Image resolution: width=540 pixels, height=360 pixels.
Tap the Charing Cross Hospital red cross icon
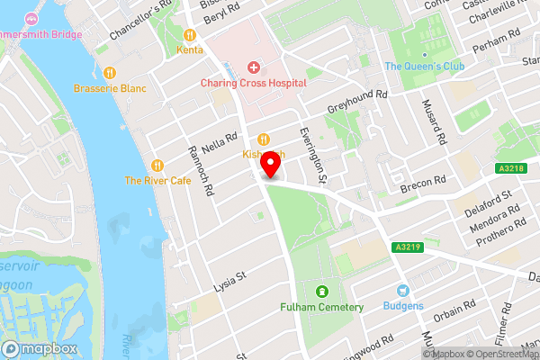253,67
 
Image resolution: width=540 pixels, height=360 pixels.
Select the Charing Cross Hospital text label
253,83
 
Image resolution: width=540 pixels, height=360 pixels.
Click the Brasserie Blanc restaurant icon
109,73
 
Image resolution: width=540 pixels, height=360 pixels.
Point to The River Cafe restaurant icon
157,165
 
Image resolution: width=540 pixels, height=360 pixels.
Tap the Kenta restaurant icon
190,35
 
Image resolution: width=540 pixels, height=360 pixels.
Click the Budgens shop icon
403,290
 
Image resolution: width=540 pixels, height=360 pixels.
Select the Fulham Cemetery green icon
322,291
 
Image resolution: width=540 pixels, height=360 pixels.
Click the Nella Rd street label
220,142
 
